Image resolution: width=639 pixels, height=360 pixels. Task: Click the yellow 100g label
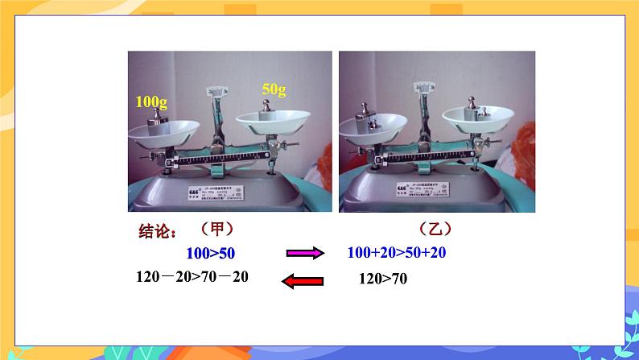151,102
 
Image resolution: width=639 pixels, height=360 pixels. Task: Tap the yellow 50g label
274,89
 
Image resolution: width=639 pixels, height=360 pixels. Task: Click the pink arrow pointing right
305,254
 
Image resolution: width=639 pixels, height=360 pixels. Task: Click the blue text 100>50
211,253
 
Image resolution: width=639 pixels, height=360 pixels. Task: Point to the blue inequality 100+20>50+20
397,253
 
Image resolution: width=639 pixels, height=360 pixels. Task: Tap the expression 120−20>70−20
193,276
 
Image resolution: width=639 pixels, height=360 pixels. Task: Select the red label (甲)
216,230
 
